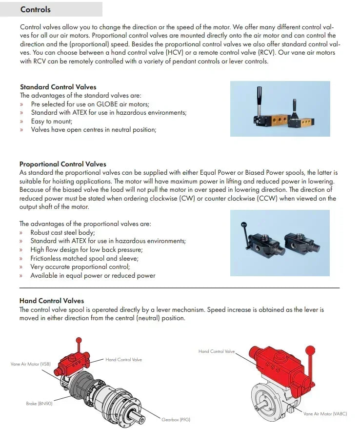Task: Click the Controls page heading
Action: coord(36,10)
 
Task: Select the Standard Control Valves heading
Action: coord(58,87)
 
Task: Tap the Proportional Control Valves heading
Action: coord(63,164)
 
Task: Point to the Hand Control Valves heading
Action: coord(52,301)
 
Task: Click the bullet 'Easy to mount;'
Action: coord(51,121)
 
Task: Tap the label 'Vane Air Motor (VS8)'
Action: coord(30,364)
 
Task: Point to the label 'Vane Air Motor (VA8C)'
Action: coord(324,413)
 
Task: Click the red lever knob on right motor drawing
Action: coord(308,349)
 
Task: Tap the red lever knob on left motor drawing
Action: coord(78,340)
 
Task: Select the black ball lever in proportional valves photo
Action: coord(242,224)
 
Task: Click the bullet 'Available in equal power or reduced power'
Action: coord(93,276)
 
